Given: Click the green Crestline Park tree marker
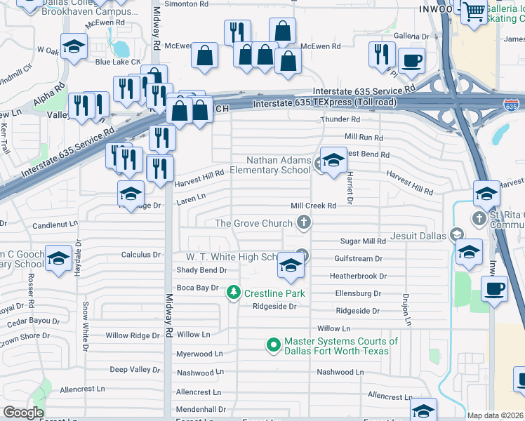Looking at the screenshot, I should coord(234,292).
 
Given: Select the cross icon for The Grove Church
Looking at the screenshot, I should coord(303,223).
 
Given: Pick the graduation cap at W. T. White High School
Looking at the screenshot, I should coord(291,265).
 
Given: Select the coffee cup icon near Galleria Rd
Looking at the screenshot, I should coord(411,60).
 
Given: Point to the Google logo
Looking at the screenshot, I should coord(23,413).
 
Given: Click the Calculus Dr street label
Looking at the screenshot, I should coord(141,255).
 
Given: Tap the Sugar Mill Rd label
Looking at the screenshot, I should coord(363,241).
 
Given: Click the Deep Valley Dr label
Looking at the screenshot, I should coord(135,369).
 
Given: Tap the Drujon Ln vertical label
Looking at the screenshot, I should coord(407,309).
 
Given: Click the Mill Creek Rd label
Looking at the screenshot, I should coord(314,206).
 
